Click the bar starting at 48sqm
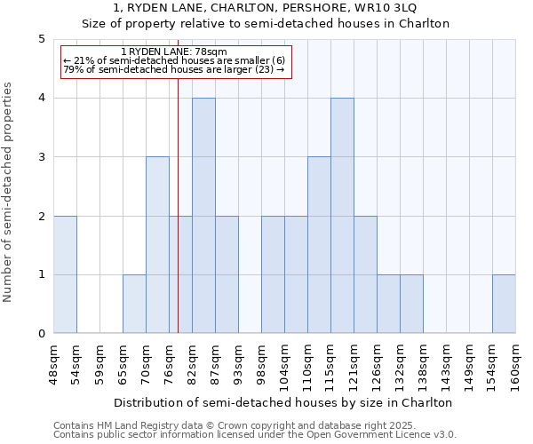tap(65, 274)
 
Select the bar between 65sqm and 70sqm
tap(134, 304)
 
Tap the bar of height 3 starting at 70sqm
tap(157, 245)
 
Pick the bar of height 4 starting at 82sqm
tap(203, 216)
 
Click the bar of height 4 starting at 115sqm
tap(342, 216)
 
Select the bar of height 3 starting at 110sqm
tap(319, 245)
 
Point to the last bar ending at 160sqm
tap(504, 304)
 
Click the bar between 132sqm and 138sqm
tap(411, 304)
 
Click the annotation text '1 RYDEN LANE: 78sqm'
tap(174, 52)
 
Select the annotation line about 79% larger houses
tap(174, 69)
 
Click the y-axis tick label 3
tap(42, 157)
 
